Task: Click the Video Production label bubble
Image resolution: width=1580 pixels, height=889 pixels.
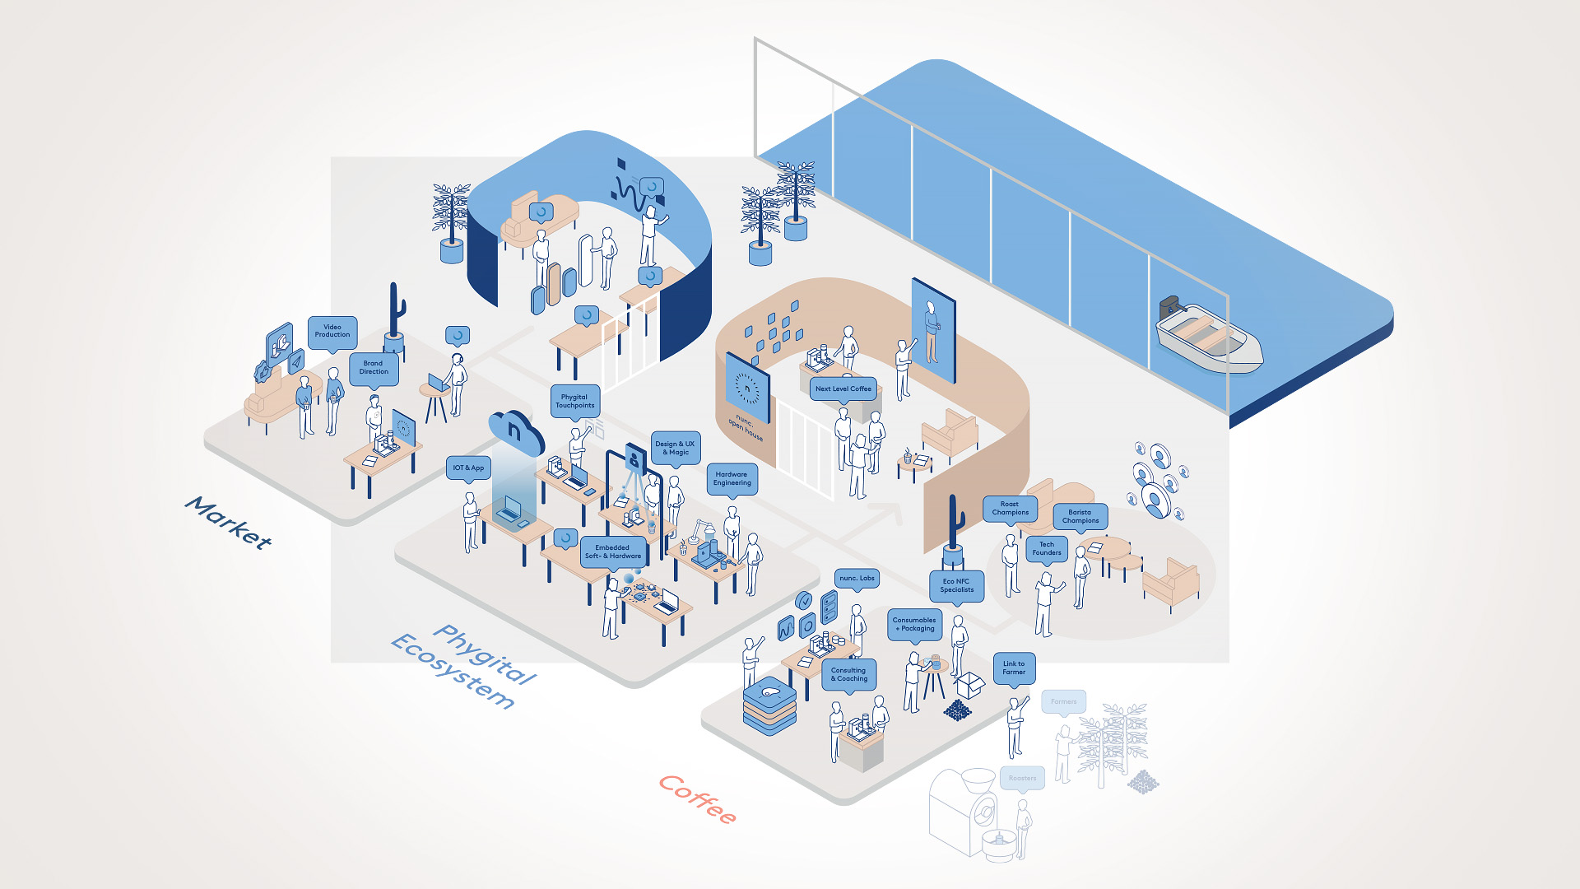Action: point(332,331)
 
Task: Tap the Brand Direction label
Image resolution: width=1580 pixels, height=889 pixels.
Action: point(374,367)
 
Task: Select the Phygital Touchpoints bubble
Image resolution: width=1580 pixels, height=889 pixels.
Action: point(574,401)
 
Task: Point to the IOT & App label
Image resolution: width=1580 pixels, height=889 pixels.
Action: point(468,468)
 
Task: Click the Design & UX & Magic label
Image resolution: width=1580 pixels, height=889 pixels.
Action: point(675,448)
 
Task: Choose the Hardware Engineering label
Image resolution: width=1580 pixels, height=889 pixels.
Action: point(732,478)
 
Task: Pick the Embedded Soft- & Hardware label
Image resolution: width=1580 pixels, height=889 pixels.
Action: point(612,552)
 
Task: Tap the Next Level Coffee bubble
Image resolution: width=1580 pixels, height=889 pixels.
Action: point(843,389)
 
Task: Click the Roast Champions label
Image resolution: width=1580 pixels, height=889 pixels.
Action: point(1010,508)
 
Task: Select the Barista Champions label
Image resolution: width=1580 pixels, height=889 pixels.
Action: point(1080,516)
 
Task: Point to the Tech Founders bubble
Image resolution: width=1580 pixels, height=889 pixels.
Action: point(1047,548)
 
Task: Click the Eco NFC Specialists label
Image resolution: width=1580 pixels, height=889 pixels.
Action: point(956,585)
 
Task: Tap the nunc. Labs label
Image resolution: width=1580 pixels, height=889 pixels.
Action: point(857,578)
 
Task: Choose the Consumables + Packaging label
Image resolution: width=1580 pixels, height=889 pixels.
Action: point(914,624)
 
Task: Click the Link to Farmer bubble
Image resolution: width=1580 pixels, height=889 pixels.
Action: point(1014,668)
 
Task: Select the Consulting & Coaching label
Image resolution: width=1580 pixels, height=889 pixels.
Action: point(848,674)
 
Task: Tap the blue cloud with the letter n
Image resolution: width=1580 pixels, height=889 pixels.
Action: point(516,431)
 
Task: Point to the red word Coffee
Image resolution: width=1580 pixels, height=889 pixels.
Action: point(698,798)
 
